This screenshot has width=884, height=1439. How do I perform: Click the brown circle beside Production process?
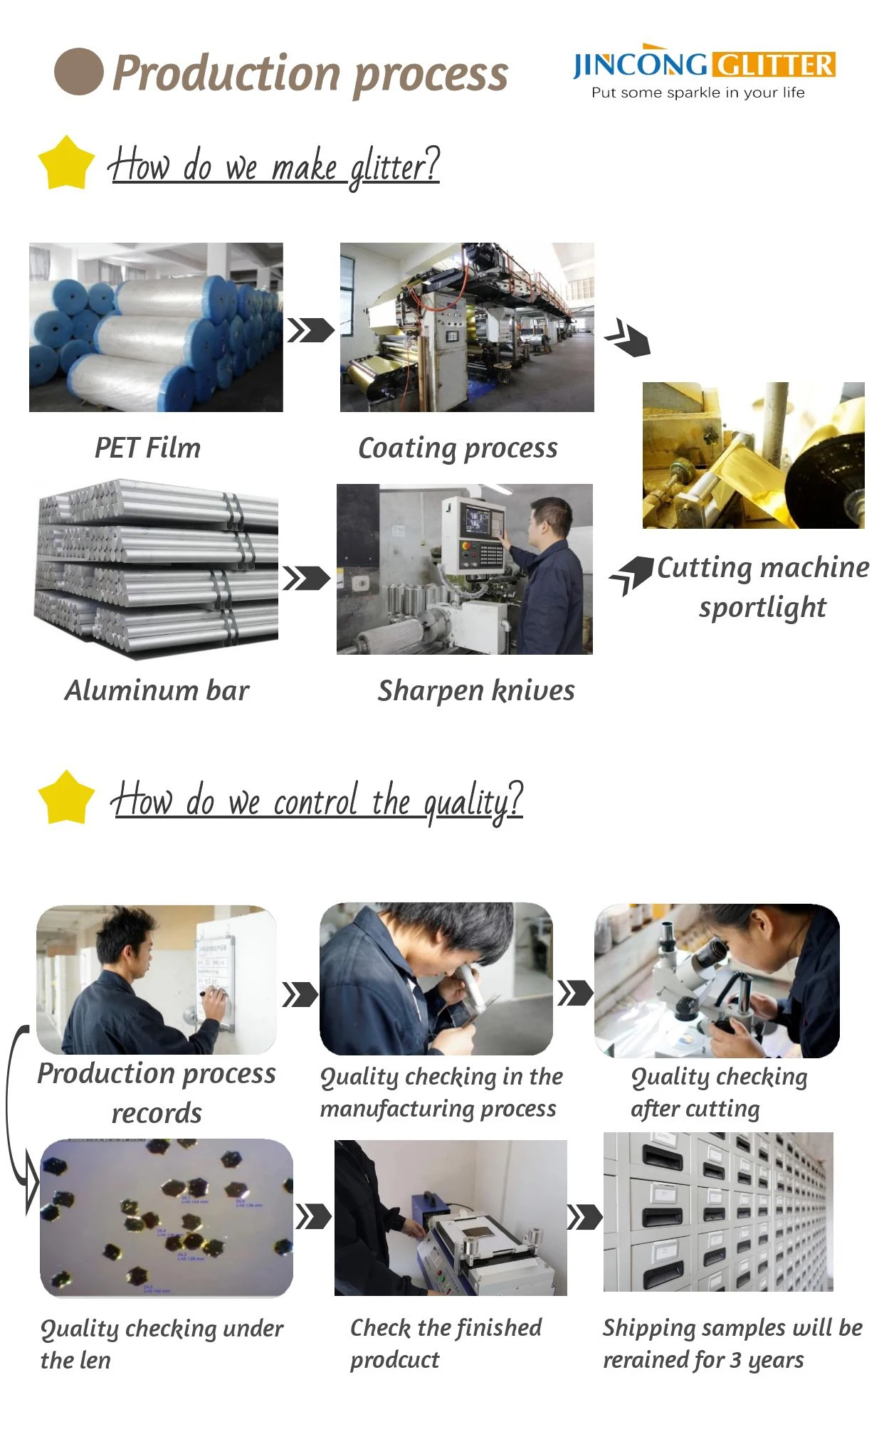point(78,71)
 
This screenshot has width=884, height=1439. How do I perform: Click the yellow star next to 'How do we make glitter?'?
point(66,163)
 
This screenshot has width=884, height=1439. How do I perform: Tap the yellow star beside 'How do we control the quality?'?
point(66,797)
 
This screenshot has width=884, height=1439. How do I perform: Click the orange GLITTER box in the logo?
point(774,65)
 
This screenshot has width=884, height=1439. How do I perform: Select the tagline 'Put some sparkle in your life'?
point(698,93)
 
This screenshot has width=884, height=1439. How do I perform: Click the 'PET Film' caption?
point(147,448)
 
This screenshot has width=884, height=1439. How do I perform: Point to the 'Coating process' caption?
point(458,448)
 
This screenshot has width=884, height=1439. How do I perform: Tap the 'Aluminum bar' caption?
point(157,690)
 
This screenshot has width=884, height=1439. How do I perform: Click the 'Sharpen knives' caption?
point(475,690)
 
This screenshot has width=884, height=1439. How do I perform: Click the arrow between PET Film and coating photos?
point(310,330)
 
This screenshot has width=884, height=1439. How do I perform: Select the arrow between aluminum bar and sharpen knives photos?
point(307,579)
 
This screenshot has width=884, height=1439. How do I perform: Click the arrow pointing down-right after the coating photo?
point(627,337)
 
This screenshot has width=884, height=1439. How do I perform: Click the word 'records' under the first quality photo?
point(157,1113)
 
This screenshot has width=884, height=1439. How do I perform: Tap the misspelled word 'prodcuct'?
point(394,1360)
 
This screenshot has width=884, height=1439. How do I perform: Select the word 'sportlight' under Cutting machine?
point(762,608)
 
